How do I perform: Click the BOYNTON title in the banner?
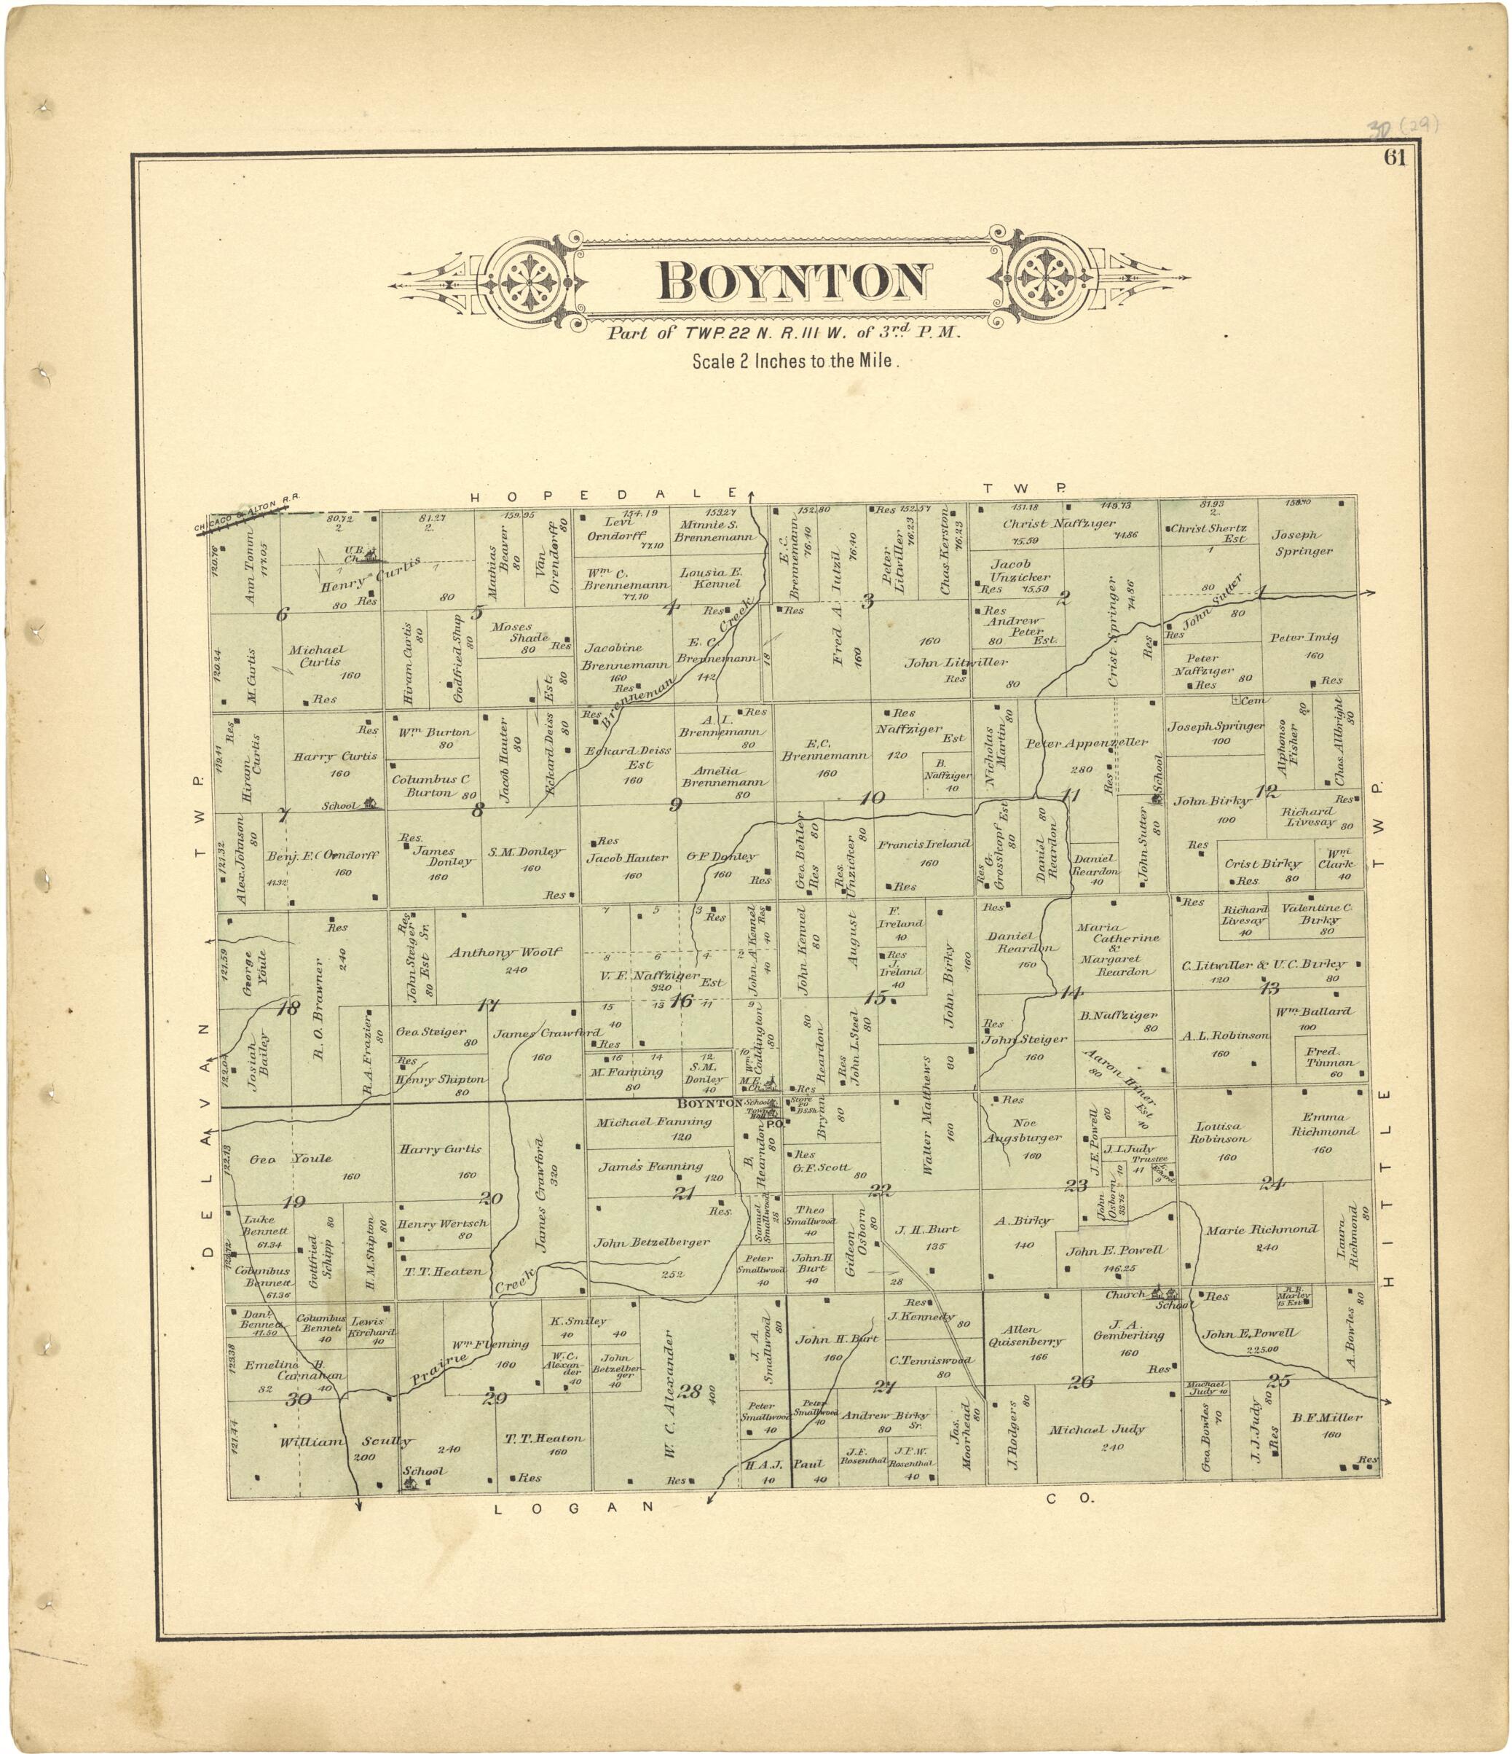click(x=794, y=282)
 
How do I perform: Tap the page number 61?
click(x=1395, y=158)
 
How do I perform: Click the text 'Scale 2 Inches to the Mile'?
click(x=794, y=361)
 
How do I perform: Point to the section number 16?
click(x=680, y=1001)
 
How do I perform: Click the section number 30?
click(x=298, y=1399)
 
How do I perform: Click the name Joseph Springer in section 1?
click(x=1302, y=543)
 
